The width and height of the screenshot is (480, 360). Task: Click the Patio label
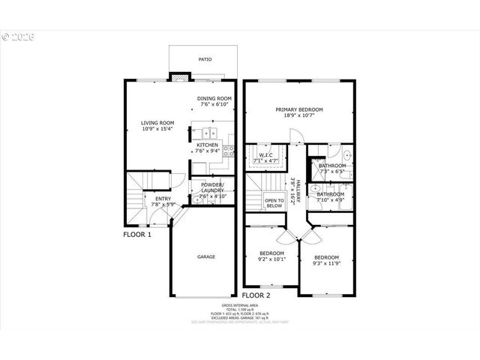pyautogui.click(x=205, y=58)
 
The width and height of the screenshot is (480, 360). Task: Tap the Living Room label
pyautogui.click(x=157, y=126)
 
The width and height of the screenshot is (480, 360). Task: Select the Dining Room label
pyautogui.click(x=214, y=101)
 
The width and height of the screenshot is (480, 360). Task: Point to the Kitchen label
pyautogui.click(x=207, y=148)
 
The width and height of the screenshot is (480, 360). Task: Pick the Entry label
pyautogui.click(x=163, y=201)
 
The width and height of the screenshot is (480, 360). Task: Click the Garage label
pyautogui.click(x=206, y=256)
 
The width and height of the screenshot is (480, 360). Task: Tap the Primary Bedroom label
pyautogui.click(x=299, y=112)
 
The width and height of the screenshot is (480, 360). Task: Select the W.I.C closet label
pyautogui.click(x=265, y=158)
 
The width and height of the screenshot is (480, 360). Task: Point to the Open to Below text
pyautogui.click(x=274, y=202)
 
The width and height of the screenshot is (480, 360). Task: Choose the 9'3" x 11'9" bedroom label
pyautogui.click(x=326, y=260)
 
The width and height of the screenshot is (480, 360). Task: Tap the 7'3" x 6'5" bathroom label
pyautogui.click(x=331, y=169)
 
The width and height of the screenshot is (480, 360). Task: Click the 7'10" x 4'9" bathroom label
pyautogui.click(x=330, y=197)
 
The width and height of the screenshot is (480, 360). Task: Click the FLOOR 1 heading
pyautogui.click(x=137, y=235)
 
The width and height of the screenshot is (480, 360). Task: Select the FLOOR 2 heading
pyautogui.click(x=256, y=295)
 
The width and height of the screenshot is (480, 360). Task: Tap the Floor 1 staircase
pyautogui.click(x=137, y=196)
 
